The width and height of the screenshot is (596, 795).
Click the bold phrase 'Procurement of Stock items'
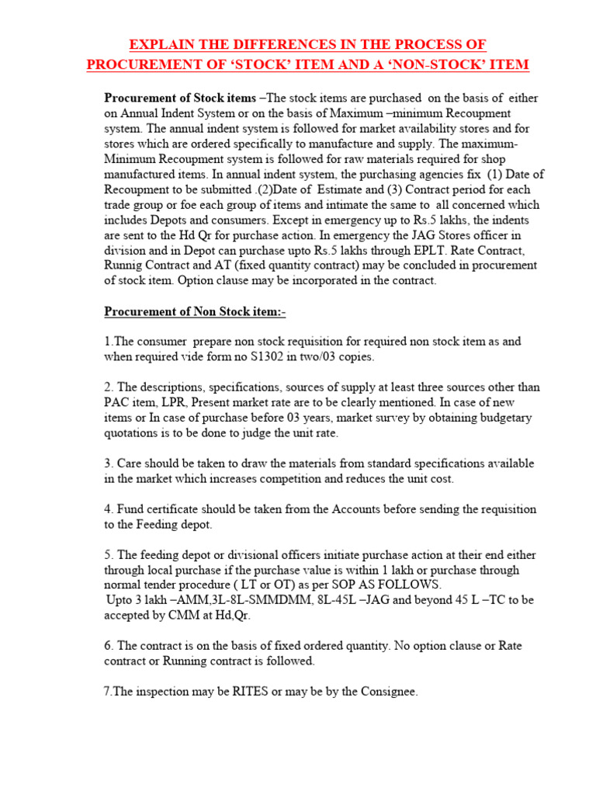(180, 99)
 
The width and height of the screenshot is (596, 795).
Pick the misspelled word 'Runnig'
(125, 266)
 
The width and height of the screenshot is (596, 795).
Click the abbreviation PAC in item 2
(117, 401)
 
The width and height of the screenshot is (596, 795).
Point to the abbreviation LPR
(175, 401)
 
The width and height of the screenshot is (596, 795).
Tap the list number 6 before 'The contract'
(108, 646)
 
